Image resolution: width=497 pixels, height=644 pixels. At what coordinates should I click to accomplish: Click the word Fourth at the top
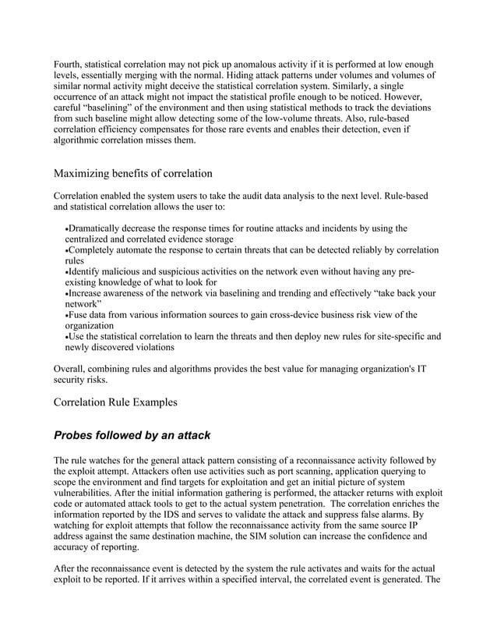[68, 64]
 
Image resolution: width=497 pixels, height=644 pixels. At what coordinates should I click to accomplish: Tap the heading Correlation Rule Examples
[115, 402]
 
